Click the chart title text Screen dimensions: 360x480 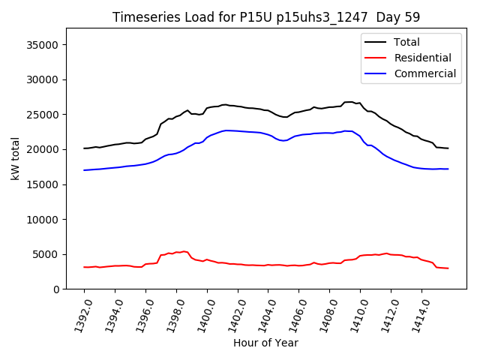click(266, 17)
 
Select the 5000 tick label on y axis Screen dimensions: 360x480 click(46, 254)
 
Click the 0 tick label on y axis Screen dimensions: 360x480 click(55, 289)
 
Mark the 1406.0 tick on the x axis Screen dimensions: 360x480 click(295, 313)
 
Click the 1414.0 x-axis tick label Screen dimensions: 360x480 click(418, 313)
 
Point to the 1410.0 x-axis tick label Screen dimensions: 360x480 click(356, 313)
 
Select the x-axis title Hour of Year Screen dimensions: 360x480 click(265, 343)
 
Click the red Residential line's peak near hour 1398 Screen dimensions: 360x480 click(184, 251)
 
